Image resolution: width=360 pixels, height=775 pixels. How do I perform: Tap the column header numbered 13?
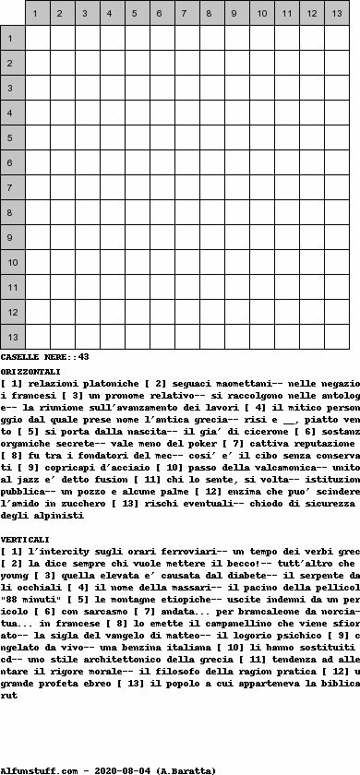(x=336, y=14)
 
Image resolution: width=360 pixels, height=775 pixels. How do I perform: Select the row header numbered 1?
(x=12, y=39)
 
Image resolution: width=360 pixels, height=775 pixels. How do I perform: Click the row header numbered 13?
(x=12, y=338)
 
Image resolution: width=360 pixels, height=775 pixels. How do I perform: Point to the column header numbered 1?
(x=37, y=14)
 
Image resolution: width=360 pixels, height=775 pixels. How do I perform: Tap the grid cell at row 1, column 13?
(x=336, y=39)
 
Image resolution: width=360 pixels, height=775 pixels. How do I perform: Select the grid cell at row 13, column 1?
(x=37, y=338)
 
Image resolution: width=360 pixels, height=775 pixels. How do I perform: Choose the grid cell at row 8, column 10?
(x=261, y=213)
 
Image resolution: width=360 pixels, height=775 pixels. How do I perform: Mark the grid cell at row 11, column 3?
(x=87, y=288)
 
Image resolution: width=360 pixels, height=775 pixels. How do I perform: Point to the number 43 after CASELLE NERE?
(x=83, y=356)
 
